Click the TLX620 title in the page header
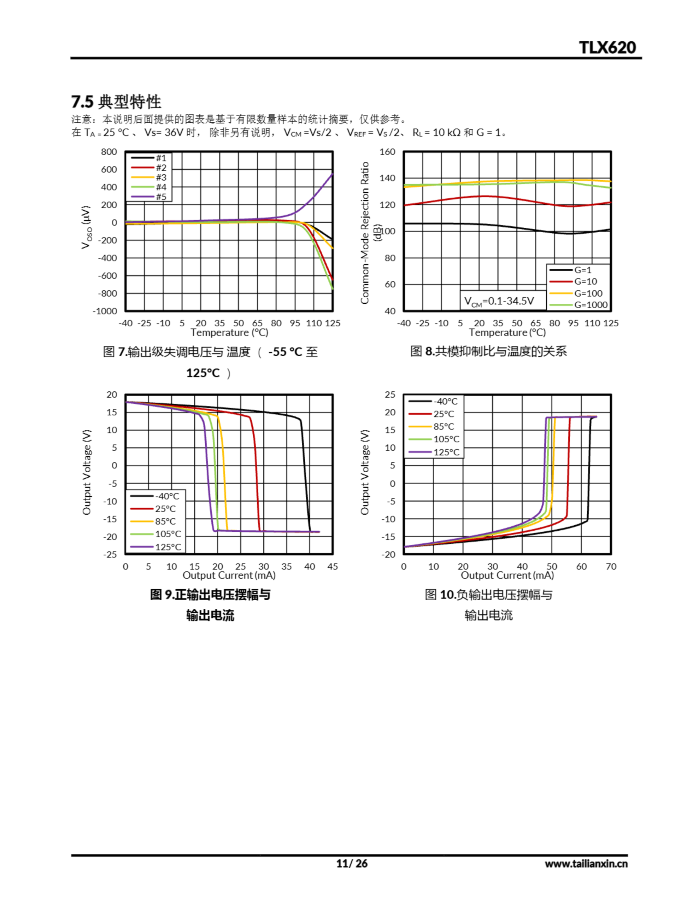click(607, 48)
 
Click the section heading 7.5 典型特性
click(116, 101)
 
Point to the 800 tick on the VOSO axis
click(109, 152)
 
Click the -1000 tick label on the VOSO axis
click(105, 311)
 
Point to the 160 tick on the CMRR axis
click(387, 152)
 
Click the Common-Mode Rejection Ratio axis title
click(365, 233)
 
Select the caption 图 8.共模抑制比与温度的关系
click(488, 351)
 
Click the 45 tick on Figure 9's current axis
click(332, 566)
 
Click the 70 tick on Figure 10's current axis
click(611, 566)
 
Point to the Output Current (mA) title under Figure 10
click(507, 576)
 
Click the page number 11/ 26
click(352, 864)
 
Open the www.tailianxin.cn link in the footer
click(586, 864)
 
